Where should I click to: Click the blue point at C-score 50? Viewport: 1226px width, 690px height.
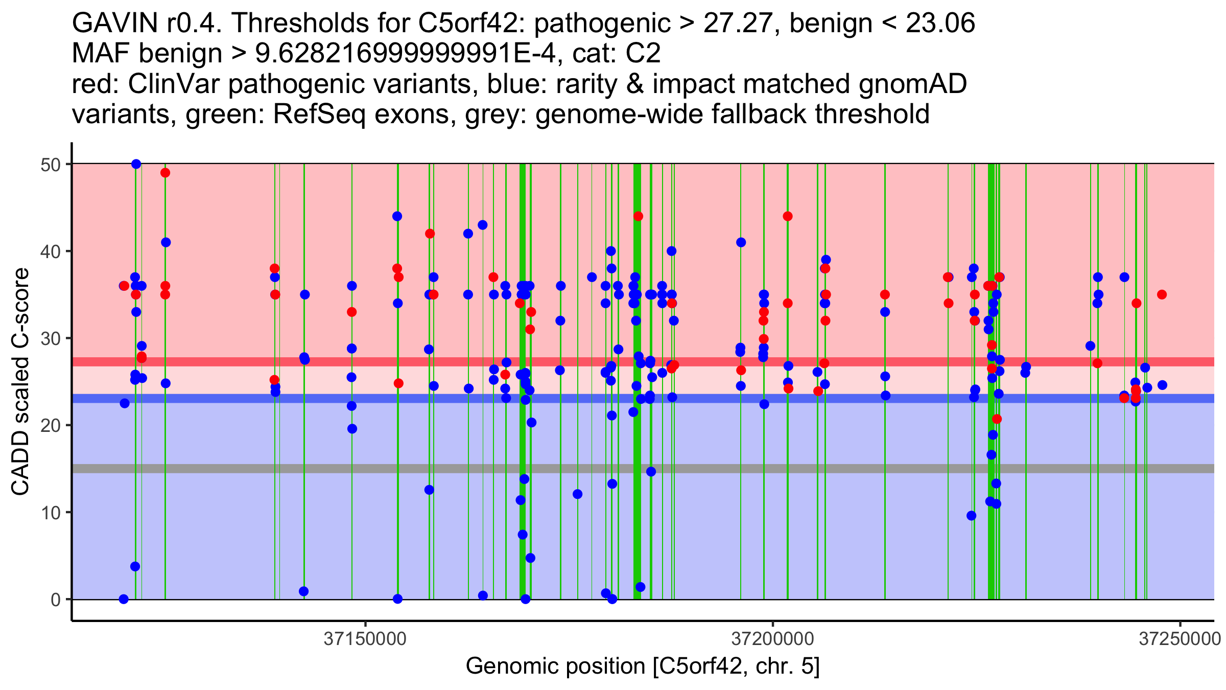(136, 164)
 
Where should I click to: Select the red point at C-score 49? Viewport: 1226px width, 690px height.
(165, 173)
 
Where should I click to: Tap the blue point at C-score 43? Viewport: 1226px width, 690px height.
(482, 225)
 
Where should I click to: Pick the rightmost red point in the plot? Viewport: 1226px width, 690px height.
(1162, 294)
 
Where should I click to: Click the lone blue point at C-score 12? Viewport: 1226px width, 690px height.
(577, 494)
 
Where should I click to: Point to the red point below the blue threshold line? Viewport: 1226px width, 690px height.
(997, 419)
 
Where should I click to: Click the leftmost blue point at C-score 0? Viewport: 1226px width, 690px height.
(124, 599)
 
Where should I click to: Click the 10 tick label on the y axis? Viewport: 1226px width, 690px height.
(51, 513)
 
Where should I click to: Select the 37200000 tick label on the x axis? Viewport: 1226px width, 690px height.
(772, 639)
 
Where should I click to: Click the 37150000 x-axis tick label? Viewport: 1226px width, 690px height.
(365, 639)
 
